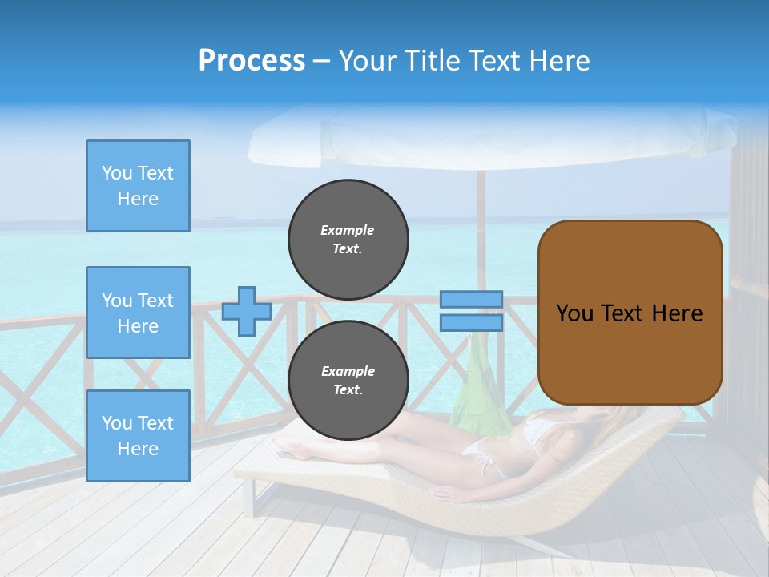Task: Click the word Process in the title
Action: pyautogui.click(x=252, y=61)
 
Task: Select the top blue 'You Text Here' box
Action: pyautogui.click(x=138, y=186)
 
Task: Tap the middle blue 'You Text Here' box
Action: pyautogui.click(x=138, y=313)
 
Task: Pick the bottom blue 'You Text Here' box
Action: pyautogui.click(x=138, y=436)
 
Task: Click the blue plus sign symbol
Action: pyautogui.click(x=246, y=311)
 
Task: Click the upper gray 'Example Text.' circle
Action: pyautogui.click(x=348, y=240)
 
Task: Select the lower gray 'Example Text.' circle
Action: pyautogui.click(x=348, y=381)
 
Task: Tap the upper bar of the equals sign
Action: pyautogui.click(x=472, y=300)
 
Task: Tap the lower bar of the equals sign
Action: pyautogui.click(x=472, y=322)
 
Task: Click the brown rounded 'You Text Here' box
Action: pyautogui.click(x=630, y=313)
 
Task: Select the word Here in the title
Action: pyautogui.click(x=558, y=61)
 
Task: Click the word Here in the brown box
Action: pyautogui.click(x=678, y=313)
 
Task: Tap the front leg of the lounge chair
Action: pyautogui.click(x=251, y=497)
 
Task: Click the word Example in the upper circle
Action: pyautogui.click(x=348, y=230)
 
